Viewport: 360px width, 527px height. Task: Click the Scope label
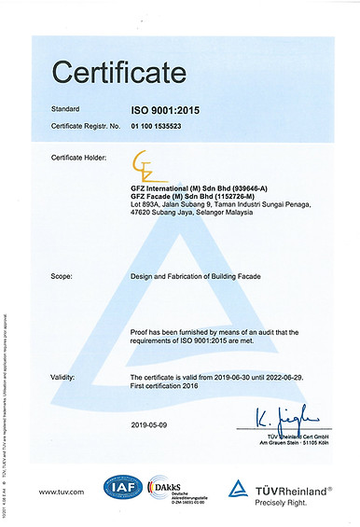62,276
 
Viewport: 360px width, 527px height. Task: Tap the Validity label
64,377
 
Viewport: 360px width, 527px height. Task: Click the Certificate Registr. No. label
87,123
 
